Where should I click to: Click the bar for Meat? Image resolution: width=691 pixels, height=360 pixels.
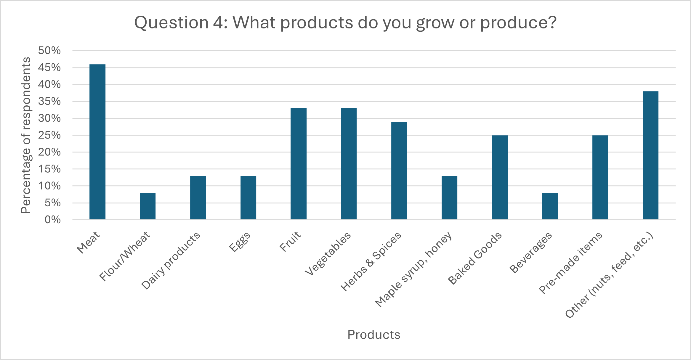tap(97, 142)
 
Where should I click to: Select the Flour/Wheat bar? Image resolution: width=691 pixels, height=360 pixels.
tap(148, 206)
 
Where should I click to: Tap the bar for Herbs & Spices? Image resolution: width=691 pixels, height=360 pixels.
tap(399, 171)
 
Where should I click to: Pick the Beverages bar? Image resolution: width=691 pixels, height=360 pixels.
tap(550, 206)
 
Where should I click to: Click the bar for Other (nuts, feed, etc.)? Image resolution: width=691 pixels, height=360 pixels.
tap(650, 155)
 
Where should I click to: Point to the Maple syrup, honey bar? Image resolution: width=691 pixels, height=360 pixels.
tap(449, 198)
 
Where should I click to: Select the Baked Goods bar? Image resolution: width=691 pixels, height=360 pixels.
tap(499, 178)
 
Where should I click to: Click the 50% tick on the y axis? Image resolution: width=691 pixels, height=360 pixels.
tap(49, 51)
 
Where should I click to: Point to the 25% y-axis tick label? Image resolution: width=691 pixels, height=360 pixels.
tap(49, 135)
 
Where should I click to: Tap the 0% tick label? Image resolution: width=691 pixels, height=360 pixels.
tap(52, 220)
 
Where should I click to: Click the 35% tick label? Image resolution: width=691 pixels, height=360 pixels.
tap(49, 102)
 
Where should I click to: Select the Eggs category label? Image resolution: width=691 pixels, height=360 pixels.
tap(240, 242)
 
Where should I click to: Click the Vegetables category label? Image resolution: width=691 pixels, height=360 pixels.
tap(328, 253)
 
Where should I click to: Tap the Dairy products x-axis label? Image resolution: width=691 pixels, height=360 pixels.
tap(171, 261)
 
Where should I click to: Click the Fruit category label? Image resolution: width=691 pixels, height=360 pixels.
tap(290, 242)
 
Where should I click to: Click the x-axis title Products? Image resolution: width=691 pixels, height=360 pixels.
tap(374, 335)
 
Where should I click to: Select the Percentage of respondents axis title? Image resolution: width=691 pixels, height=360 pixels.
tap(26, 135)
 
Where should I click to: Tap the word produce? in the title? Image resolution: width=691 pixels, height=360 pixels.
tap(518, 22)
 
